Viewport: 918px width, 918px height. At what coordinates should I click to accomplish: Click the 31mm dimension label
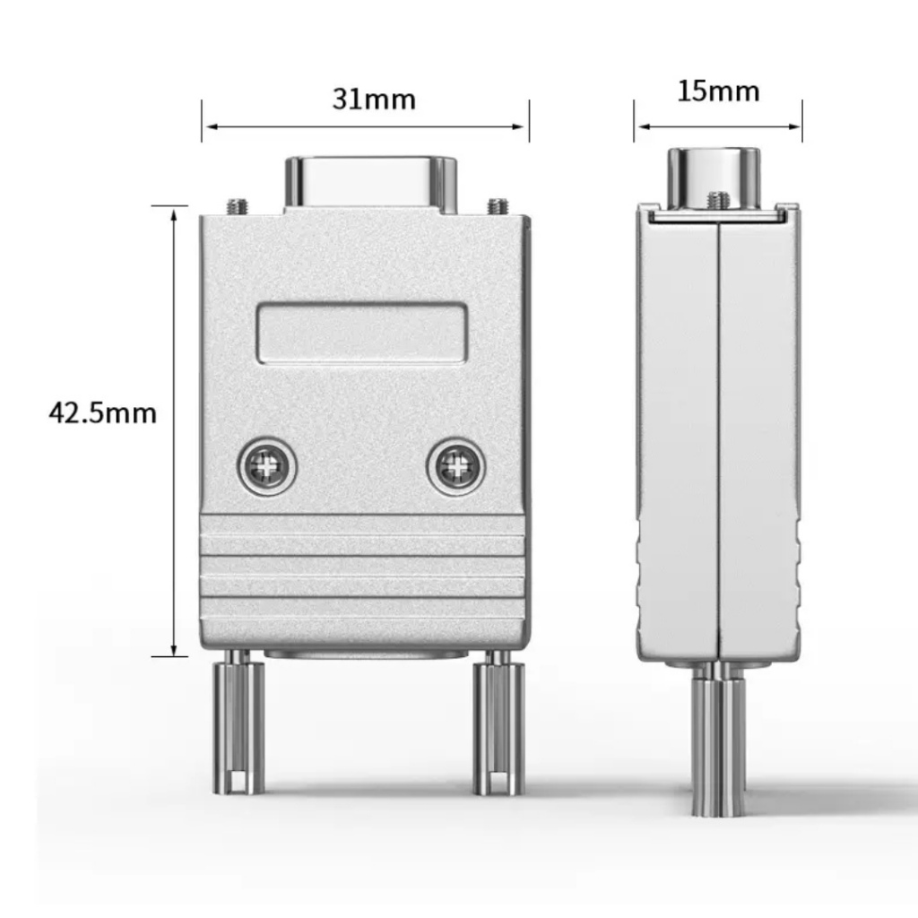click(374, 99)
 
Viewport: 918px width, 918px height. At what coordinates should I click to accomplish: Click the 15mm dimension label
click(717, 91)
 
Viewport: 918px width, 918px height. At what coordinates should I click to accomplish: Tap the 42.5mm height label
click(102, 413)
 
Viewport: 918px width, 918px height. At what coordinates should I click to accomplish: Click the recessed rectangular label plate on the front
click(362, 333)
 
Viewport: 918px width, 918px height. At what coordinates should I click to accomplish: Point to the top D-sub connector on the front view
click(371, 183)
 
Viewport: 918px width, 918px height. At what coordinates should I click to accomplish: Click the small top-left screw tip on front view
click(237, 205)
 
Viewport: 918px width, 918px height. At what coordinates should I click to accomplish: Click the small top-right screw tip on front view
click(498, 205)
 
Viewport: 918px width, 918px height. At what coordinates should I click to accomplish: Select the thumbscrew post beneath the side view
click(718, 740)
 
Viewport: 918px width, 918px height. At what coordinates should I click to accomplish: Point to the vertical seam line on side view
click(718, 430)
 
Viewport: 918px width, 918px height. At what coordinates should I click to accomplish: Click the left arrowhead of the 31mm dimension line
click(207, 127)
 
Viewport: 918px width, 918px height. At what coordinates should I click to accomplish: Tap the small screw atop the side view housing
click(715, 199)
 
